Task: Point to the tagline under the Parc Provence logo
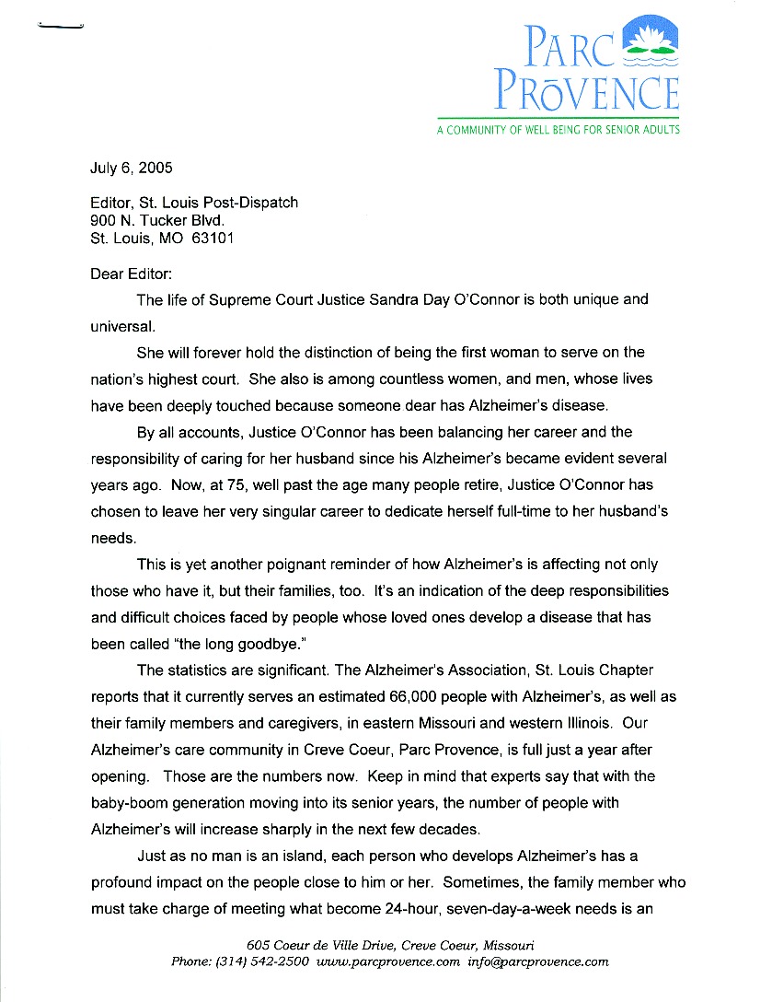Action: coord(559,130)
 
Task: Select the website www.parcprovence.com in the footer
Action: coord(387,961)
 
